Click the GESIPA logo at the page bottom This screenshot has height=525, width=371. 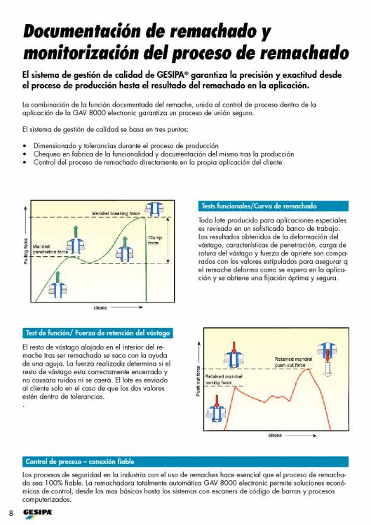click(37, 513)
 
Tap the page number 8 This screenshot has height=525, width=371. click(11, 513)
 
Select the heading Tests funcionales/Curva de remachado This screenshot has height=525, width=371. click(259, 206)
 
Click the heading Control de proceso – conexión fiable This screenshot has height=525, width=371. click(80, 461)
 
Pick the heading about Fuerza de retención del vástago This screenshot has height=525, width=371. click(97, 333)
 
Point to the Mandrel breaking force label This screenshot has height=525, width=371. click(116, 213)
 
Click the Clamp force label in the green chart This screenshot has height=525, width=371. click(155, 240)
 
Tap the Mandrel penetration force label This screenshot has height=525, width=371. click(50, 249)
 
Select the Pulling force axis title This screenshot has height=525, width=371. click(26, 251)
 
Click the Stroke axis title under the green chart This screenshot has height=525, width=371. click(100, 307)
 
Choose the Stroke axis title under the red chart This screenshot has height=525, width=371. click(275, 435)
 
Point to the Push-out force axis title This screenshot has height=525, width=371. click(198, 381)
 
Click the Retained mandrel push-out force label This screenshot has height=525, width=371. click(293, 362)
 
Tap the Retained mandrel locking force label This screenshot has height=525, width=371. click(224, 379)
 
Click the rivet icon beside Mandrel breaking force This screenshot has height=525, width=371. click(154, 209)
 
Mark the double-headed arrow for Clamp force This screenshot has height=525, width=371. click(168, 240)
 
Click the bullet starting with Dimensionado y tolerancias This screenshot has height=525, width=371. click(126, 146)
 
